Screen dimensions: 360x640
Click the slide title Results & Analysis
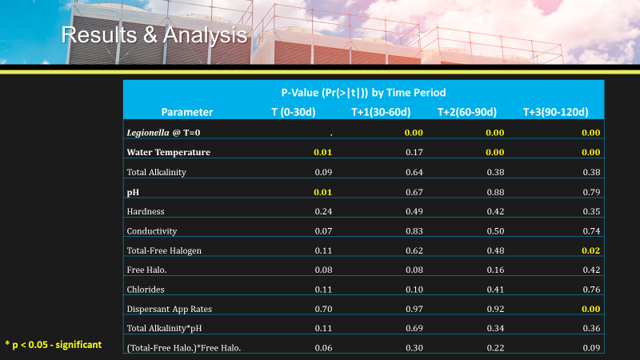point(154,35)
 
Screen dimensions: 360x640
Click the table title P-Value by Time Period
point(363,93)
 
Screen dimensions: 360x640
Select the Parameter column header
point(187,112)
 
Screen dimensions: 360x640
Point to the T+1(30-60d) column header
point(381,112)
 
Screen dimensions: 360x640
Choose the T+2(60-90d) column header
point(467,112)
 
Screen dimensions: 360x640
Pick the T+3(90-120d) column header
point(555,112)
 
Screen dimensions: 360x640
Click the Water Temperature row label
point(169,152)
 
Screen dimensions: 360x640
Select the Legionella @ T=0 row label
point(169,132)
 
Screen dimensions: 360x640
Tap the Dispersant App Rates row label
point(169,308)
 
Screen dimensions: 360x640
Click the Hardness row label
point(146,211)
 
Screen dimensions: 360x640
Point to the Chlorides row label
point(147,289)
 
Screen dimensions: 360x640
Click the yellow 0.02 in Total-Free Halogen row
point(590,250)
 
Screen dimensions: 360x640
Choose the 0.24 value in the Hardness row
point(322,211)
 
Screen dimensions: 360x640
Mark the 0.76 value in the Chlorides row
point(590,289)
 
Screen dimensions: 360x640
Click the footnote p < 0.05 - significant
point(54,344)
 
